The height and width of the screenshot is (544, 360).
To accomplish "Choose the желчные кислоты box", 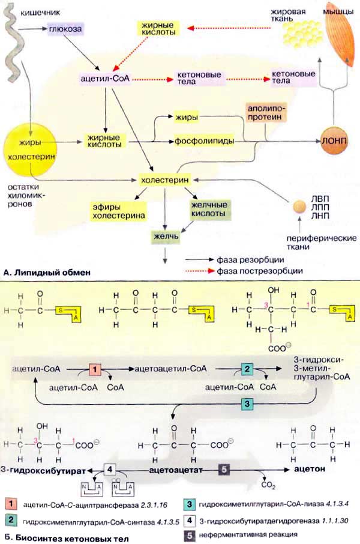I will [x=209, y=209].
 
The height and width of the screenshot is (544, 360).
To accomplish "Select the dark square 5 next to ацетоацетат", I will [x=223, y=470].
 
